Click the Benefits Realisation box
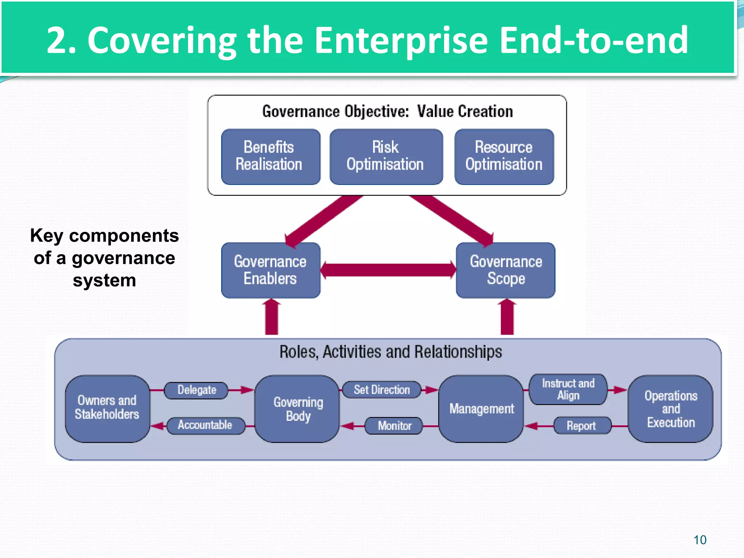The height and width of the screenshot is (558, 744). pos(271,157)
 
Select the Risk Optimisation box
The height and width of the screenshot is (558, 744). pos(386,157)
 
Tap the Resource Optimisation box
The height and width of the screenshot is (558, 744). pos(504,157)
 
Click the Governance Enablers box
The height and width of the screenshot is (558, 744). pos(271,270)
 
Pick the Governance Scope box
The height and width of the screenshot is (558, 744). pos(506,270)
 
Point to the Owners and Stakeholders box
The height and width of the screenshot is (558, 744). pos(107,408)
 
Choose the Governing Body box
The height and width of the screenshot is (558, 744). pos(298,408)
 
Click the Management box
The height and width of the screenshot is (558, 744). pos(481,408)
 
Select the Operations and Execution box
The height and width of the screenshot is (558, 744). pos(671,408)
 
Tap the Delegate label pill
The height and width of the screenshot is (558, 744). pos(197,390)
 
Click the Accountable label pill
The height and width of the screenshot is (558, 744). pos(205,425)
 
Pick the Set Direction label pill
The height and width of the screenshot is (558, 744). pos(382,390)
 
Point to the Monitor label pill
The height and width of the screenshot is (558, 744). pos(394,426)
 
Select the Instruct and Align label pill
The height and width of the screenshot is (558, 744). pos(568,389)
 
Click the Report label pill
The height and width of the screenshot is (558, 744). pos(582,426)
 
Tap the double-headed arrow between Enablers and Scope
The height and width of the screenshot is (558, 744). pos(388,270)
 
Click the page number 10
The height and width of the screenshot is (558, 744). pos(700,540)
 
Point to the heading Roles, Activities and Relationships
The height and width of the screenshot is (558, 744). pos(391,352)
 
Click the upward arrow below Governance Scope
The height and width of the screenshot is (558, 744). pos(507,317)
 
